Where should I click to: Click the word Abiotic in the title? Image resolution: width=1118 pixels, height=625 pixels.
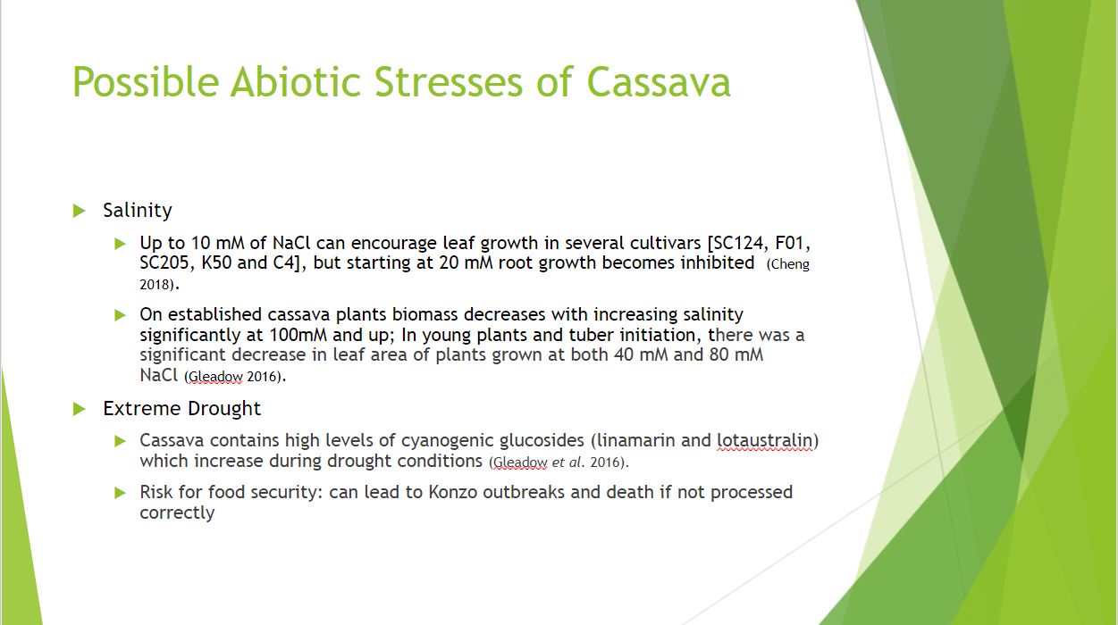tap(296, 82)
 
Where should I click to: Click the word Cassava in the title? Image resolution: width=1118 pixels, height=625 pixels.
tap(659, 82)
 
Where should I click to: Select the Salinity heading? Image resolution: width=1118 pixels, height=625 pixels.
tap(138, 211)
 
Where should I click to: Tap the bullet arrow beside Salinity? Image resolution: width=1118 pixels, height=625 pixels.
tap(80, 211)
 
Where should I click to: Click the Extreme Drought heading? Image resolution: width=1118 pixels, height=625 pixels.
tap(181, 409)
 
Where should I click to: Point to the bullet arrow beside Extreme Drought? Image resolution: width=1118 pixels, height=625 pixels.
tap(80, 409)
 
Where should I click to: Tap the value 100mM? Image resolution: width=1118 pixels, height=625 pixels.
tap(298, 335)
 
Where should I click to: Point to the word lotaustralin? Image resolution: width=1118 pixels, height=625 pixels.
tap(765, 440)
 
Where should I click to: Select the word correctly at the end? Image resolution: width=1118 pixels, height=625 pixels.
tap(177, 513)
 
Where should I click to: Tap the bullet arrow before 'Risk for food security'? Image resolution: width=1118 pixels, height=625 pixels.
tap(120, 493)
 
